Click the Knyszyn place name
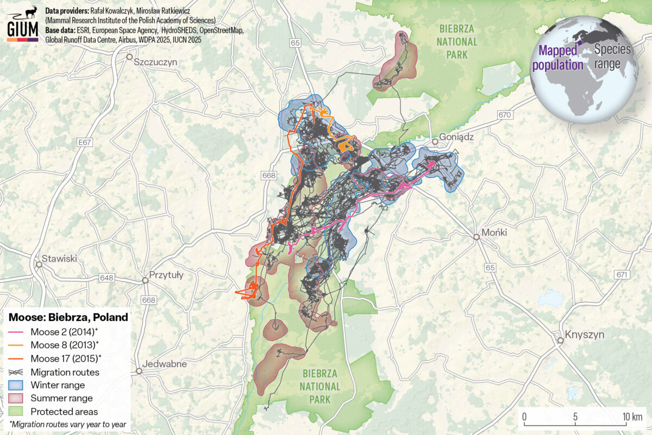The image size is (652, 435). point(584,334)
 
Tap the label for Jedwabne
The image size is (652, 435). point(164,364)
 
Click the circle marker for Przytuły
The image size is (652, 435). point(145,281)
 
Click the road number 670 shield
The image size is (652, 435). point(505,115)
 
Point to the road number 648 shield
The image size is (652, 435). point(106,278)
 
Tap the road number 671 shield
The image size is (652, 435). point(622,274)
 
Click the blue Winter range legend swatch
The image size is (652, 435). point(17,386)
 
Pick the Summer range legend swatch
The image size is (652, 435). point(17,399)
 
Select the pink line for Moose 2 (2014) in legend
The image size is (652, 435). point(17,332)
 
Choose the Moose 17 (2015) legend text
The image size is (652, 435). point(66,358)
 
